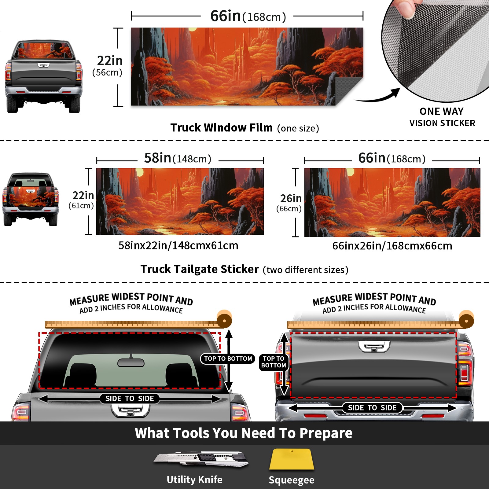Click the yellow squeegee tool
pos(292,459)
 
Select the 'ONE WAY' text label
pos(441,111)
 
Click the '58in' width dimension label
pos(157,158)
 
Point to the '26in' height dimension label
pos(291,198)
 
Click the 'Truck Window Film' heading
pos(222,127)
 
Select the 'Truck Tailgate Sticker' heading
pos(200,269)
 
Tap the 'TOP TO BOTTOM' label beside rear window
pos(228,358)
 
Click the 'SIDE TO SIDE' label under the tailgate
pos(372,408)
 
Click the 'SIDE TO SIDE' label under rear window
pos(130,399)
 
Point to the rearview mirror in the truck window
pos(131,362)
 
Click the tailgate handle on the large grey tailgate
pos(374,346)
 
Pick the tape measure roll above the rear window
pos(224,320)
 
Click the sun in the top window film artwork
pos(193,29)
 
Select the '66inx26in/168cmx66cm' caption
pos(392,246)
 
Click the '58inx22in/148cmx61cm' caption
pos(178,245)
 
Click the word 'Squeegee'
pos(292,480)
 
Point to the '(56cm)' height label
pos(107,72)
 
